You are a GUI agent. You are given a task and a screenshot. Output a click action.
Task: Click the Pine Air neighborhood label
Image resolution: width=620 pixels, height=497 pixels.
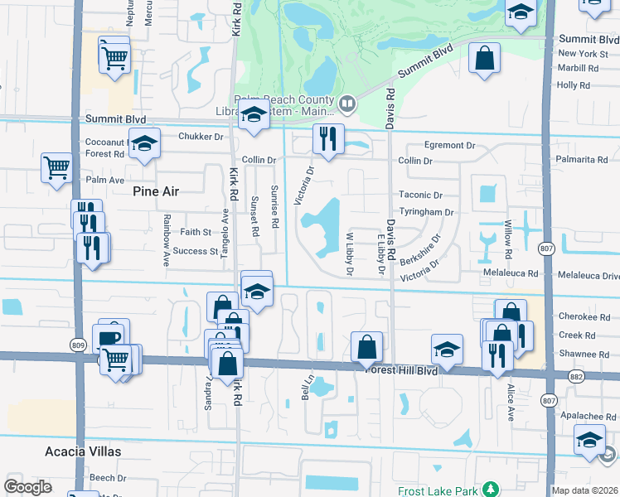(x=156, y=191)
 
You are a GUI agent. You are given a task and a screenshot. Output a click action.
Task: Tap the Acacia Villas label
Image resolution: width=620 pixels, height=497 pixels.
(x=83, y=451)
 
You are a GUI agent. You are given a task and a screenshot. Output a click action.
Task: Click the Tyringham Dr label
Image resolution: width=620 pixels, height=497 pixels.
(x=427, y=212)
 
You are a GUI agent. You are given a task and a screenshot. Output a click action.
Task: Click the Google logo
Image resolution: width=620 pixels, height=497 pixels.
(x=27, y=487)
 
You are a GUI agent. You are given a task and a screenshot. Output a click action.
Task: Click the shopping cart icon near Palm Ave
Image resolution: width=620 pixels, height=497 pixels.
(x=56, y=167)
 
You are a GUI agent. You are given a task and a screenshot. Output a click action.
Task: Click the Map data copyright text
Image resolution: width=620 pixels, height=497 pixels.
(x=585, y=490)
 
